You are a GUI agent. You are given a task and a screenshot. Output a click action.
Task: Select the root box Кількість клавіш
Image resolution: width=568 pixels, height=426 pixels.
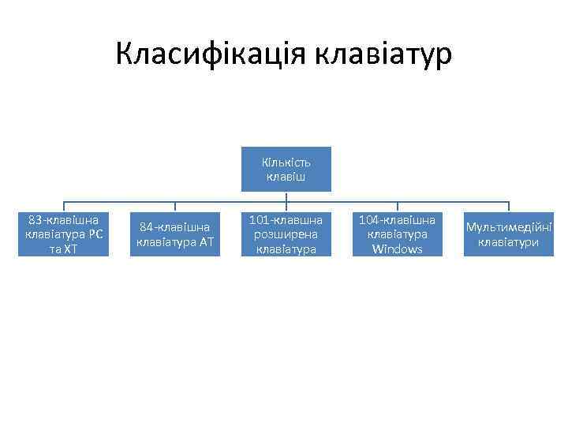click(286, 170)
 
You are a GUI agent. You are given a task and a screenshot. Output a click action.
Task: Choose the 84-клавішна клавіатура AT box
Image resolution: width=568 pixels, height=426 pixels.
click(175, 234)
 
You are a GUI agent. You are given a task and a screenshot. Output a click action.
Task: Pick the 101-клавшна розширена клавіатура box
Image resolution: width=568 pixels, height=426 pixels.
click(286, 234)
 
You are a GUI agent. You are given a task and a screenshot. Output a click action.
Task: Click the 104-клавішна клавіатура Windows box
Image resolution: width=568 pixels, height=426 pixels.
click(396, 234)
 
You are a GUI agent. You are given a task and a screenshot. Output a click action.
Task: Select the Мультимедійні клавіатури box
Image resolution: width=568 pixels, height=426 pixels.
click(508, 234)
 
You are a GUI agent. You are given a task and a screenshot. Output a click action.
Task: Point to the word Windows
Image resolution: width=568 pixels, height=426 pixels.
click(397, 249)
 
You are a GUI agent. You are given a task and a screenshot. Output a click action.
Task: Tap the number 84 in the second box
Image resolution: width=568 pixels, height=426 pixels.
click(147, 227)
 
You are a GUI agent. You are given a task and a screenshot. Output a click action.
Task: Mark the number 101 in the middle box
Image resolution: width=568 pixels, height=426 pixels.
click(260, 219)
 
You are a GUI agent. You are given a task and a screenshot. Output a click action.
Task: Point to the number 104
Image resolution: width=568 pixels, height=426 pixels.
click(370, 219)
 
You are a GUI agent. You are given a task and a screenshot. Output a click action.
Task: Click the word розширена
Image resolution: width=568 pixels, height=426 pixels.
click(286, 234)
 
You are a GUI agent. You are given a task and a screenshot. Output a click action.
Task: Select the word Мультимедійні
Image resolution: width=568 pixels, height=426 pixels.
click(508, 227)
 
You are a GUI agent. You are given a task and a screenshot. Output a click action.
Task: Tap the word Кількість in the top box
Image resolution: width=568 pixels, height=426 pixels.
click(286, 163)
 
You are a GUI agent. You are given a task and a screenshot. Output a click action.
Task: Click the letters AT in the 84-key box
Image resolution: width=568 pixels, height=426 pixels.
click(206, 242)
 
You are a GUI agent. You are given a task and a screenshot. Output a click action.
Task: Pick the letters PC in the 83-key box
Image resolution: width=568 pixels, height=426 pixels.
click(96, 234)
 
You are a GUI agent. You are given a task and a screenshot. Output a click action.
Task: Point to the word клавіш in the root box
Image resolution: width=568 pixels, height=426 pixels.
click(286, 177)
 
